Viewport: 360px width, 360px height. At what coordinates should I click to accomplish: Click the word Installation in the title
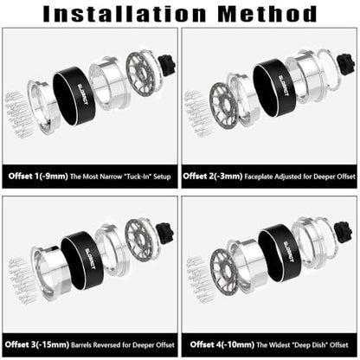click(x=125, y=14)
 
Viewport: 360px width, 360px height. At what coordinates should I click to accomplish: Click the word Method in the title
click(x=267, y=14)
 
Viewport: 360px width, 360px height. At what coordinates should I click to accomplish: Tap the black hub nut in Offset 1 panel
click(x=167, y=65)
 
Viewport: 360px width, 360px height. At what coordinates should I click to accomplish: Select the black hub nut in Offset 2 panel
click(x=346, y=65)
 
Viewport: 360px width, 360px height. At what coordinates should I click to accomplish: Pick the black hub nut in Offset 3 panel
click(x=165, y=233)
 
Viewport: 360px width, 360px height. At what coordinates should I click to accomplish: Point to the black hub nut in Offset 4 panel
click(x=344, y=233)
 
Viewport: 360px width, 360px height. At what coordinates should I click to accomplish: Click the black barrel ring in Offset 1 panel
click(x=74, y=96)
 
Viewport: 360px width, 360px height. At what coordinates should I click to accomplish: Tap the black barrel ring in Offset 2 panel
click(x=274, y=87)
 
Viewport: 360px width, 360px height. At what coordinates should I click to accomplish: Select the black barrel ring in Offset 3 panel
click(x=82, y=260)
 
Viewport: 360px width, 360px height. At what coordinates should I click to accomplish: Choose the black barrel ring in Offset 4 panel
click(x=280, y=253)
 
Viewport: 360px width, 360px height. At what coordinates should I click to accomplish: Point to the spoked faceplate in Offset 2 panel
click(x=224, y=106)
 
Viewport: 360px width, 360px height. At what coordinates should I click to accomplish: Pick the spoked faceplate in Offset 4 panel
click(x=225, y=273)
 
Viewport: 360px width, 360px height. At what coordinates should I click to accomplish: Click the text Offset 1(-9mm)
click(x=38, y=177)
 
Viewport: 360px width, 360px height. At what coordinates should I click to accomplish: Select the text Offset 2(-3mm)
click(x=213, y=176)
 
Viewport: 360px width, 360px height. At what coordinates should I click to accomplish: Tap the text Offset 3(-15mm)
click(x=37, y=344)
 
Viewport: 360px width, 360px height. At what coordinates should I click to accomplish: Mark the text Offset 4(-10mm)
click(x=222, y=344)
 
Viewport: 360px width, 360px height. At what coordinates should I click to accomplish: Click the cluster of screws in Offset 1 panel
click(x=20, y=114)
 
